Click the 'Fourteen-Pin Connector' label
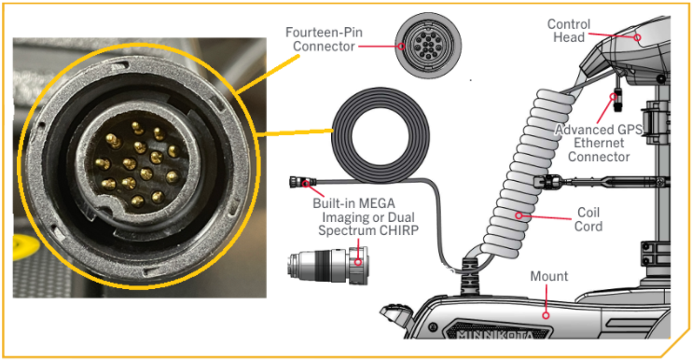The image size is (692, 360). [x=324, y=39]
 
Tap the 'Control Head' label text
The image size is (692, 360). [x=569, y=31]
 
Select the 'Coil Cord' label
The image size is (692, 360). [x=588, y=219]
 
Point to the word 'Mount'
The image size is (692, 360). [x=549, y=276]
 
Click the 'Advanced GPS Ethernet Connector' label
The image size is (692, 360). [x=599, y=143]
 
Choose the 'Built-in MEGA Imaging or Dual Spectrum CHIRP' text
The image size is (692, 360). [x=366, y=217]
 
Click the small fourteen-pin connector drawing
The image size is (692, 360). [x=428, y=46]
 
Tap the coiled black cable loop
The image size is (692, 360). [x=380, y=135]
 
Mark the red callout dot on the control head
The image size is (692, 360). [x=637, y=37]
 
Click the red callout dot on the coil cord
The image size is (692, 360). [x=519, y=215]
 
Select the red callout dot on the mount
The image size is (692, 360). [x=546, y=315]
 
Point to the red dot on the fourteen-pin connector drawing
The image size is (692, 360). [x=401, y=46]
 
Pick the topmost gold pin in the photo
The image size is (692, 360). [x=138, y=128]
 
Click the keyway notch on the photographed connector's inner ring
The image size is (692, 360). [x=104, y=206]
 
